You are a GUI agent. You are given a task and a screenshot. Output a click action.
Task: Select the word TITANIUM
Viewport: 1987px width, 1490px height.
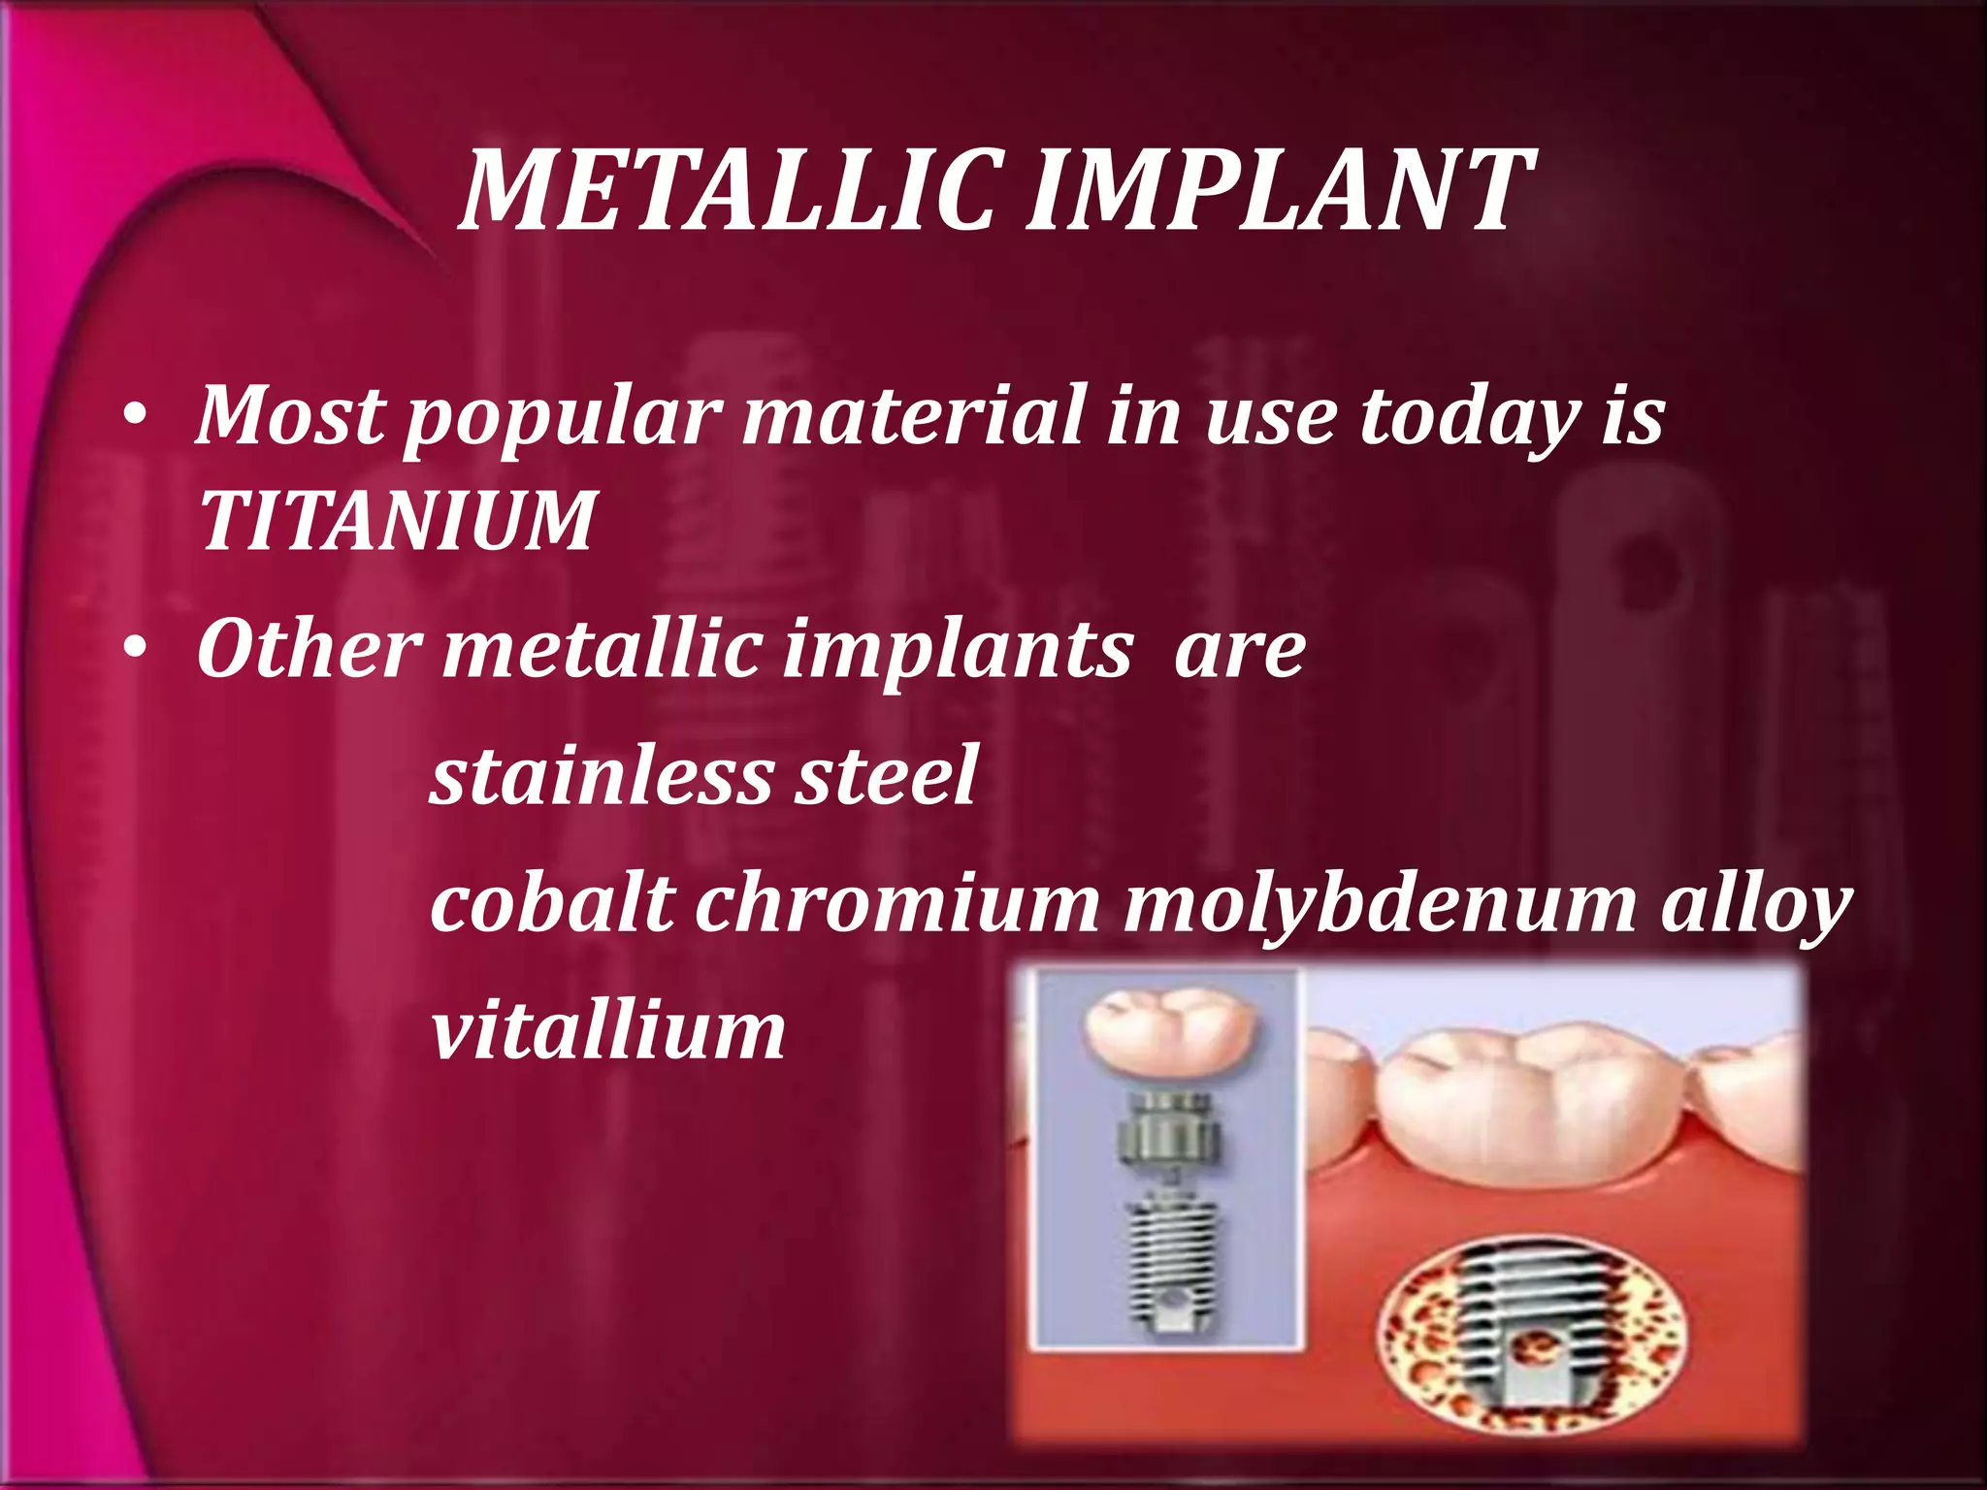(396, 521)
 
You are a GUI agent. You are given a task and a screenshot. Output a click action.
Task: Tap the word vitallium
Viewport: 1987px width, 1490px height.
(607, 1030)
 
